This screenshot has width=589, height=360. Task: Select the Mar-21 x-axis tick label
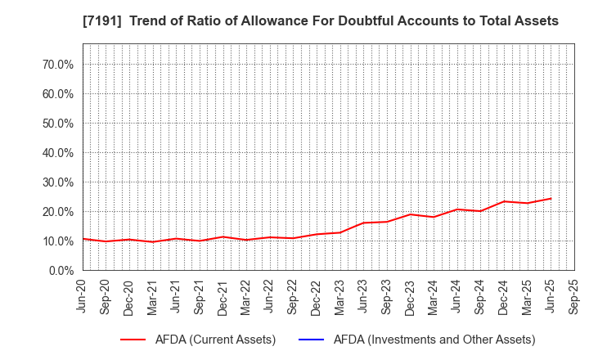click(153, 296)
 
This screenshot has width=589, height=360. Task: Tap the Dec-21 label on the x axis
click(223, 296)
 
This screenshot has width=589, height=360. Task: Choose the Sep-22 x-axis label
click(294, 296)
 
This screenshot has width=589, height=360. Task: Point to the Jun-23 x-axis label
click(363, 296)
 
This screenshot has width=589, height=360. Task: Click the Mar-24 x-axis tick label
click(434, 296)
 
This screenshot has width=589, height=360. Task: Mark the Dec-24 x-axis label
click(504, 296)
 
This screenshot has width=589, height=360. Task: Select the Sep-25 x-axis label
click(573, 296)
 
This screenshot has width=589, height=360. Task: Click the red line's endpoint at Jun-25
click(551, 198)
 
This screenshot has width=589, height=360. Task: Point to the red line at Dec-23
click(411, 214)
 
